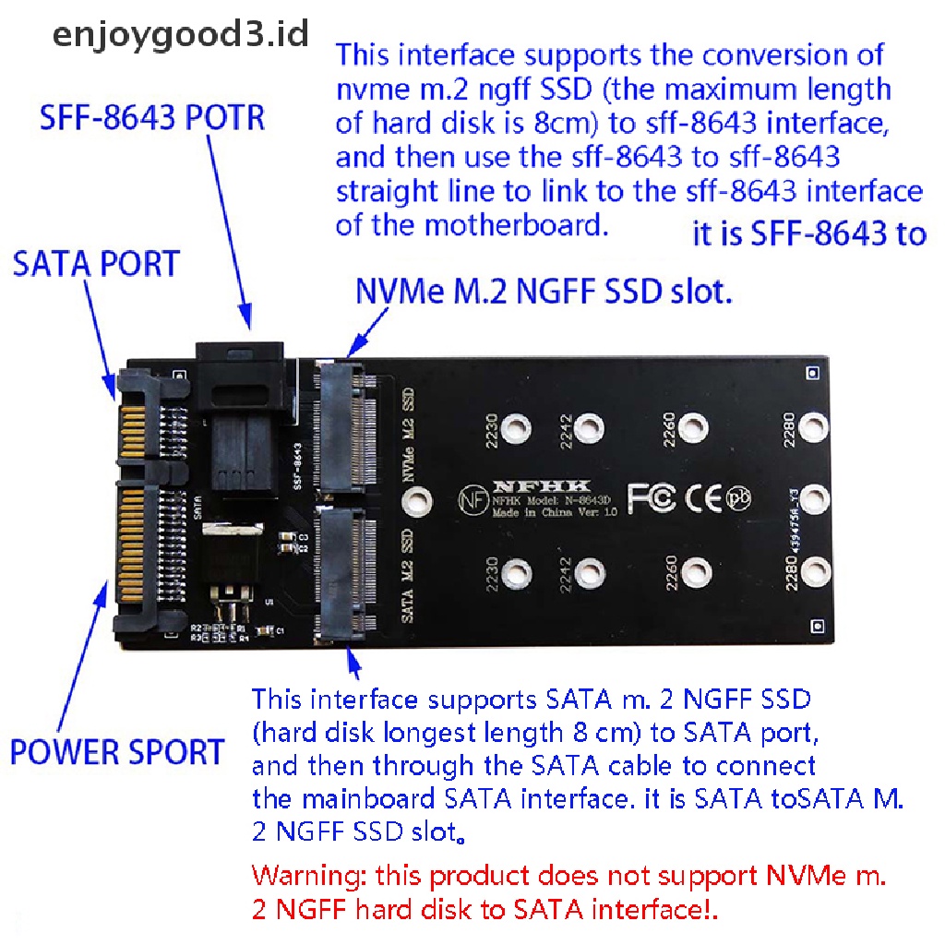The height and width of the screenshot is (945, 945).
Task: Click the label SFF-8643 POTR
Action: point(152,119)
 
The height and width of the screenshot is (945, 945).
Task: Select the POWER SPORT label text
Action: point(117,752)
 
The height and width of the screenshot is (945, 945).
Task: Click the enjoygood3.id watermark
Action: point(179,36)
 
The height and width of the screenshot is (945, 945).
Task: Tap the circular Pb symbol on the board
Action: point(739,496)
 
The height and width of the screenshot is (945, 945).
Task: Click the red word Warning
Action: point(309,874)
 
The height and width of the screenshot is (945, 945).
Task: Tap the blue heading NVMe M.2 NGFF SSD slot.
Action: point(544,293)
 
